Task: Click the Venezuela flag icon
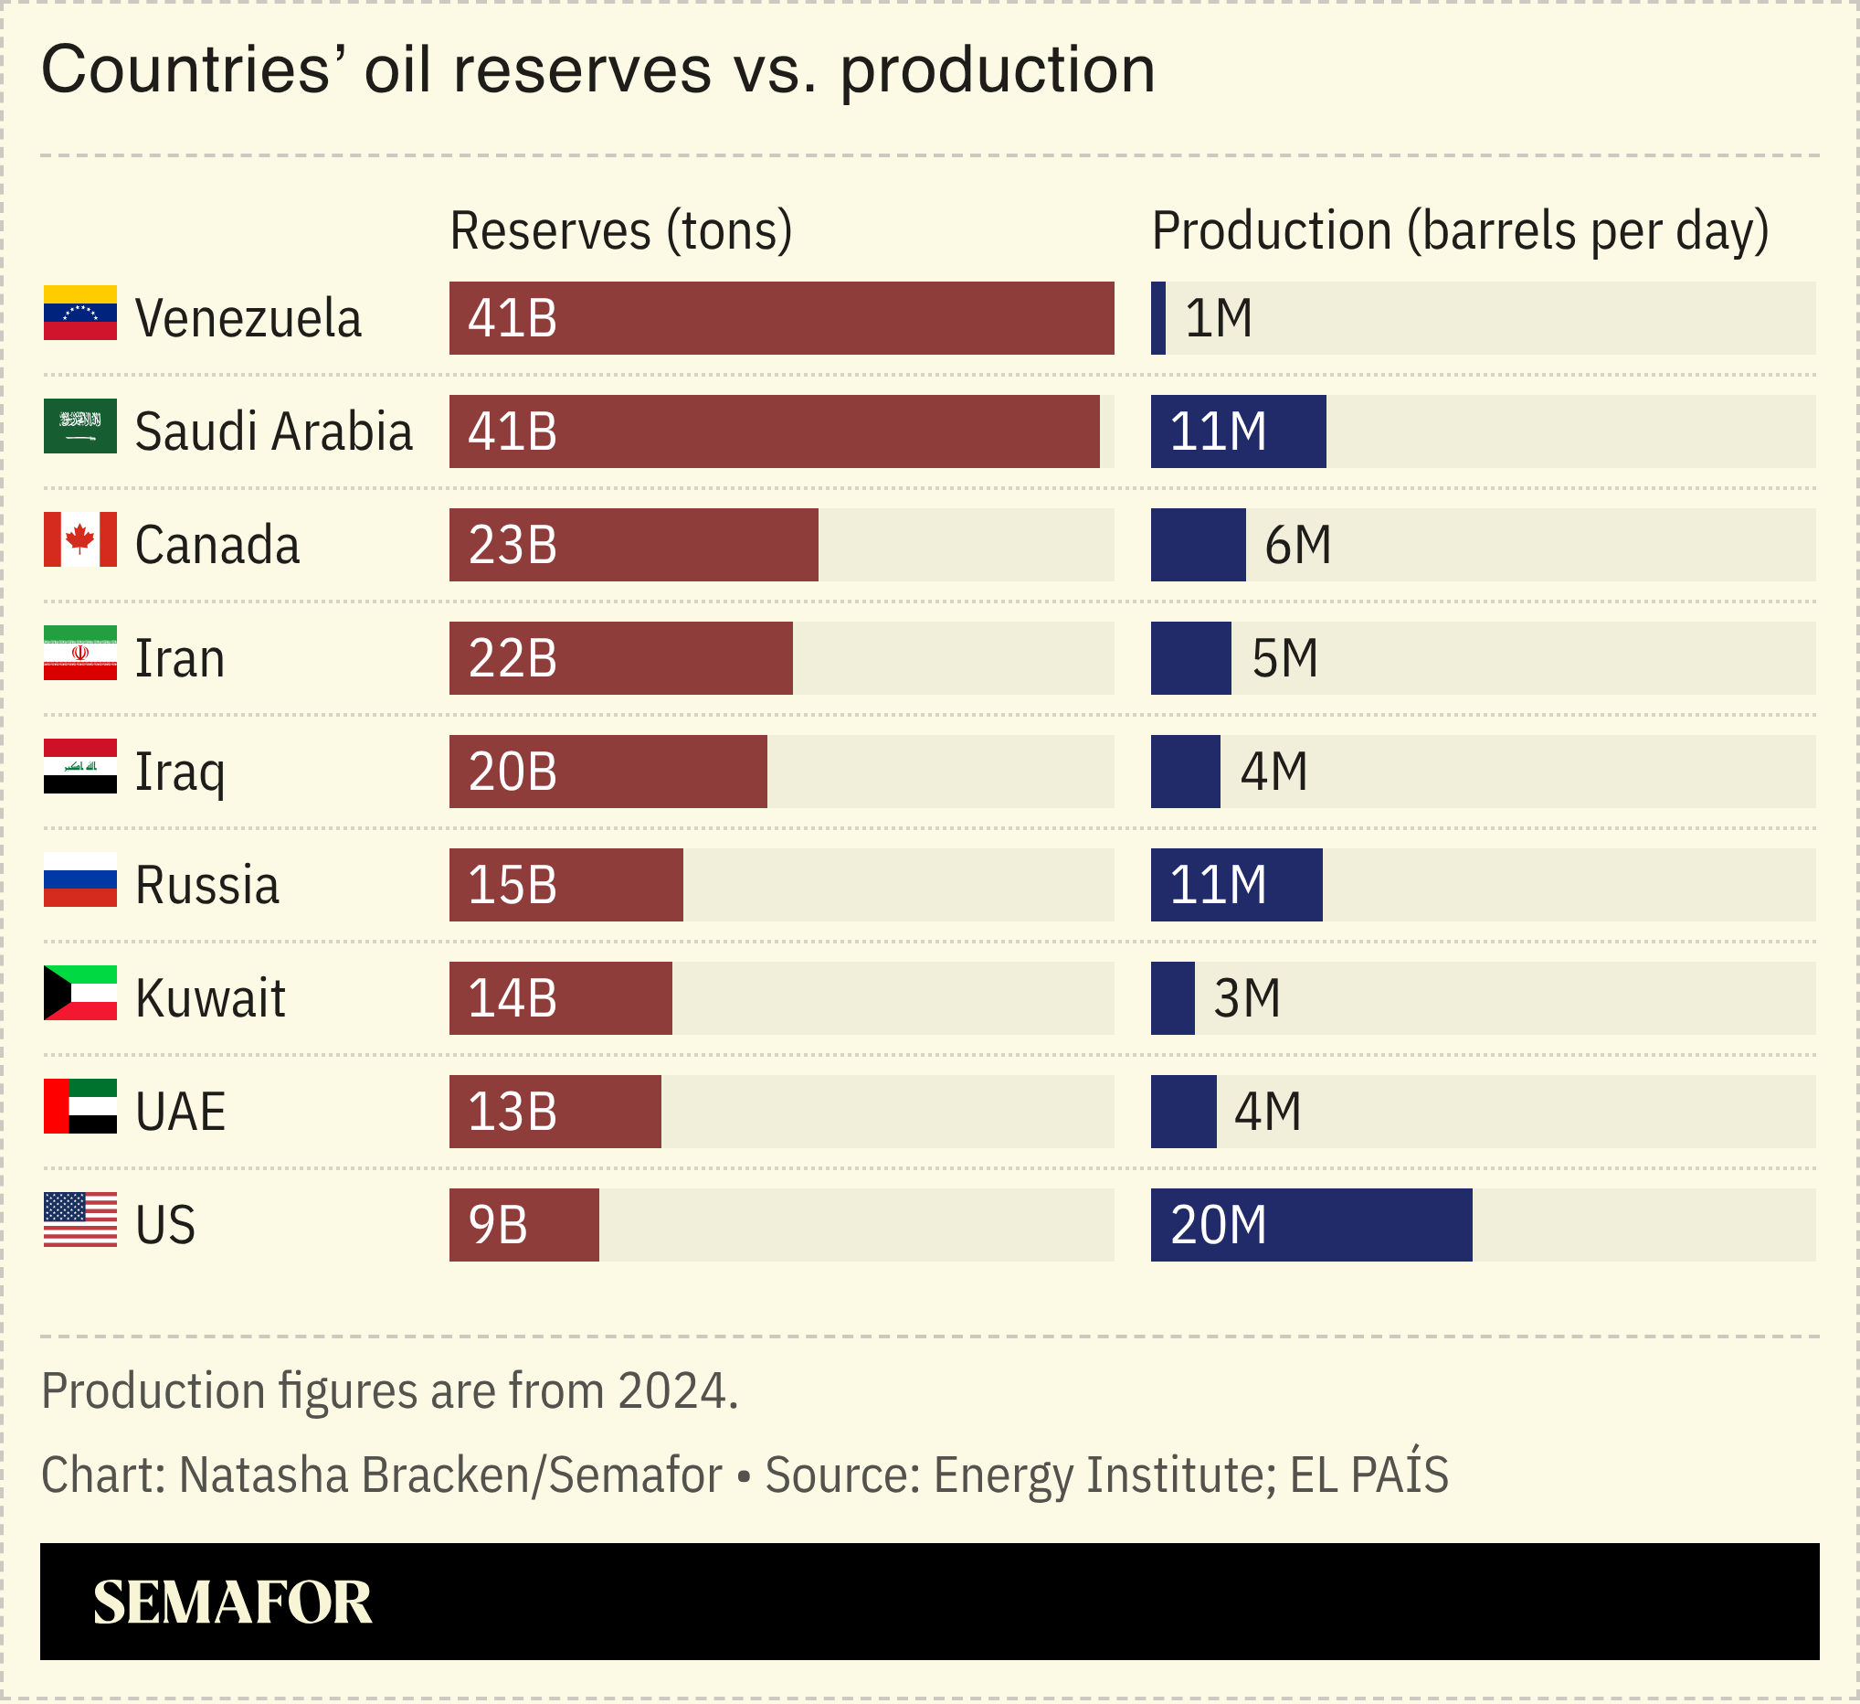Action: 80,313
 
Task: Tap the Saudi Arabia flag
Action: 80,427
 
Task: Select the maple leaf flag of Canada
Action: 80,540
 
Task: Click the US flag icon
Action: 80,1220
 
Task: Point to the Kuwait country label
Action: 210,999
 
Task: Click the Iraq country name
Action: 180,772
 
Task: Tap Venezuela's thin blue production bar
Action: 1157,318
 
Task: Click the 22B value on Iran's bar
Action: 513,659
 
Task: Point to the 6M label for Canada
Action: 1298,546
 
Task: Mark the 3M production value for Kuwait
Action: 1247,999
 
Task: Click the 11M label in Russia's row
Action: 1218,885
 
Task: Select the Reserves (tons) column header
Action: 621,230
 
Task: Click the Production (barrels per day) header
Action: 1461,230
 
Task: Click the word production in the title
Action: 998,71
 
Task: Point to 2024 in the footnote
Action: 676,1392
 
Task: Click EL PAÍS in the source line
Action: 1369,1475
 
